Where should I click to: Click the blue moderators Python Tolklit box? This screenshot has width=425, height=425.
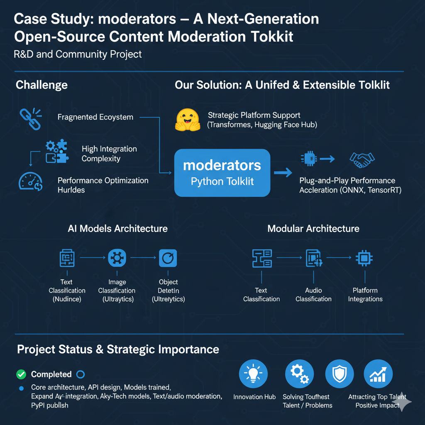(222, 173)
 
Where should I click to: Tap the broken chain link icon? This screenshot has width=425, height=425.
(30, 119)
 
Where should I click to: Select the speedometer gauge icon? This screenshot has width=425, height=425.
(30, 182)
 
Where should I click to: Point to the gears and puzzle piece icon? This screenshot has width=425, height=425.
(56, 151)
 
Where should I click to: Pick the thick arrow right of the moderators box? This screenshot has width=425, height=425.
(283, 172)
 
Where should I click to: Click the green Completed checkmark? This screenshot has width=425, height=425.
(21, 374)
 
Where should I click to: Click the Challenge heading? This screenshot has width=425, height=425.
(42, 85)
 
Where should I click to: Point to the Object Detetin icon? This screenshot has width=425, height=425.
(168, 258)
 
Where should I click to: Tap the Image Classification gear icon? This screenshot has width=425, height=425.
(117, 258)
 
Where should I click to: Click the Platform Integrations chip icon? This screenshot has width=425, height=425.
(364, 258)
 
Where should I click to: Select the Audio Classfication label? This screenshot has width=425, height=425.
(313, 295)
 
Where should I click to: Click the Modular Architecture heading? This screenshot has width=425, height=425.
(313, 229)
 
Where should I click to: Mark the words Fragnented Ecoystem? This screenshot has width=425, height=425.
(95, 117)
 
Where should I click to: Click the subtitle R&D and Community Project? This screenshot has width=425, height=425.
(78, 54)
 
